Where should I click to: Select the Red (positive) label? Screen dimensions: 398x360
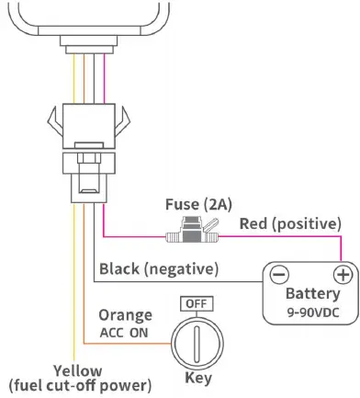pos(289,223)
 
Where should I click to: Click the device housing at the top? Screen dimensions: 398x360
pos(82,18)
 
